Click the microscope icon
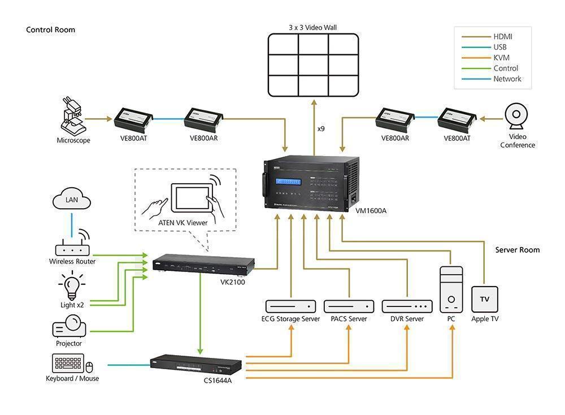(x=74, y=115)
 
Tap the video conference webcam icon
(x=516, y=116)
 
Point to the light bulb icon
(x=72, y=286)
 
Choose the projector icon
(x=69, y=326)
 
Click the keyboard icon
(x=68, y=363)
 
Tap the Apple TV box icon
(x=485, y=299)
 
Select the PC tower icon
(x=451, y=289)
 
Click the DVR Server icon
(x=407, y=306)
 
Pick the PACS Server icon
(x=349, y=306)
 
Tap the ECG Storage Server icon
(x=290, y=306)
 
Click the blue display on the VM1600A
(x=288, y=181)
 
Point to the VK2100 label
(x=232, y=282)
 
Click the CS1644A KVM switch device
(x=195, y=364)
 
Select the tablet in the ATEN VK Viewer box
(x=192, y=197)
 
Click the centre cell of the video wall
(x=313, y=65)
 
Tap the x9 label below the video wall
(x=321, y=129)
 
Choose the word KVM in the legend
(x=501, y=58)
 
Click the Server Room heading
(x=518, y=250)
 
